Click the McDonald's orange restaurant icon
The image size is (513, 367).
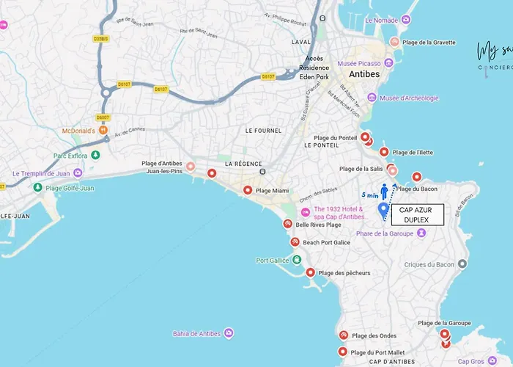tap(103, 131)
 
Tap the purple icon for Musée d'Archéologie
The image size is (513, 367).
tap(372, 98)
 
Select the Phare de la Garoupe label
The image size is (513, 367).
tap(385, 233)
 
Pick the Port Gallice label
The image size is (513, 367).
tap(273, 260)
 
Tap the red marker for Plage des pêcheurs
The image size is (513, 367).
tap(311, 272)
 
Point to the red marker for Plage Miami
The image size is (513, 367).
tap(248, 190)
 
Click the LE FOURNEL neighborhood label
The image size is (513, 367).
tap(263, 131)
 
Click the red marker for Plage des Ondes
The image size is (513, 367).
tap(343, 335)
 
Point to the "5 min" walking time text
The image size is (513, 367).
tap(370, 195)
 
